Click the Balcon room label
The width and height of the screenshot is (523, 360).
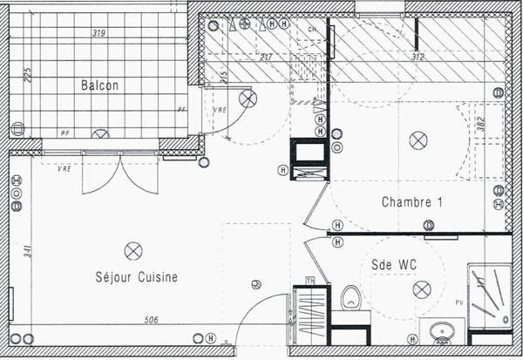click(x=99, y=85)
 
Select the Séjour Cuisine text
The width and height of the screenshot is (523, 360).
click(x=137, y=277)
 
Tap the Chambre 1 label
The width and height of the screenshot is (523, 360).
click(x=412, y=202)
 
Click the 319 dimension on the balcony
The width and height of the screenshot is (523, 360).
click(x=99, y=34)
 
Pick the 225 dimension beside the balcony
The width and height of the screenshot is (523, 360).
click(x=28, y=75)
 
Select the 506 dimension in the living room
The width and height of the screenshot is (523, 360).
click(x=149, y=321)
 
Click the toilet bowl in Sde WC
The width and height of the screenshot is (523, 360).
click(x=350, y=297)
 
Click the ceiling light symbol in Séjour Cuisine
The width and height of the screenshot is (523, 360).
click(x=133, y=250)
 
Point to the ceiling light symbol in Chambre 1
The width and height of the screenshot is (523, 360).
click(x=419, y=139)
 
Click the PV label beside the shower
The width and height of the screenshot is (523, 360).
click(x=459, y=302)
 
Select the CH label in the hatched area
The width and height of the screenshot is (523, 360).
click(x=312, y=29)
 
